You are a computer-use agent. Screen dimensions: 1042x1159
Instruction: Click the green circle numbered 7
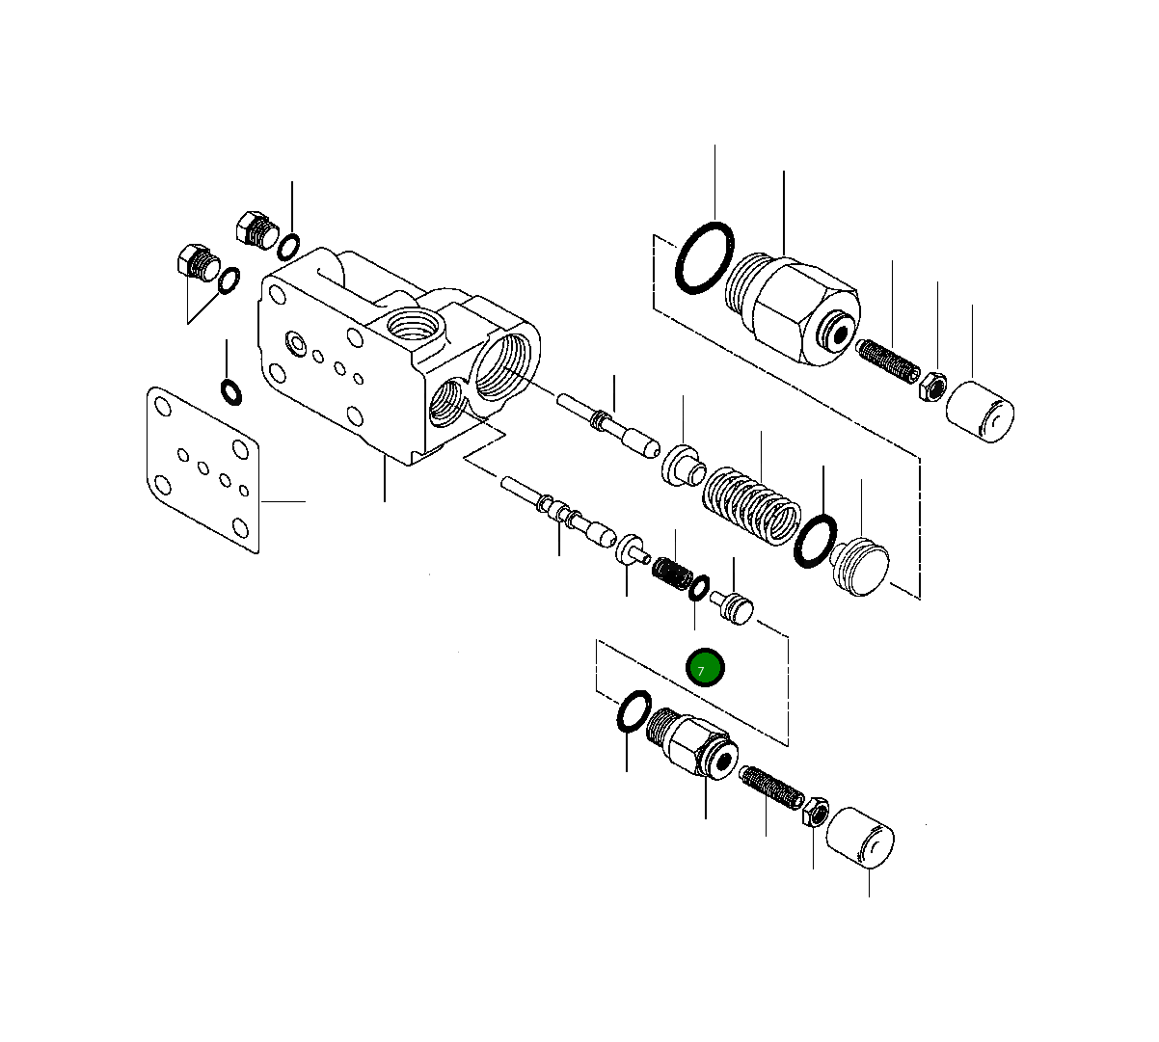pos(704,668)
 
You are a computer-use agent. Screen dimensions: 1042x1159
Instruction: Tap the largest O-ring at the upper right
pos(704,257)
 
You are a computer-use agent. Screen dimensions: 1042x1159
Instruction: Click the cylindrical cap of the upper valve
pos(980,412)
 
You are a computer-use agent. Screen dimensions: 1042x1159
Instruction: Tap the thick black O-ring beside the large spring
pos(815,542)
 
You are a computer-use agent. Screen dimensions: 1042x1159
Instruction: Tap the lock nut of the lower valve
pos(815,813)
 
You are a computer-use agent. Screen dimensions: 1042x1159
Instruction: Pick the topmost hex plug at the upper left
pos(254,229)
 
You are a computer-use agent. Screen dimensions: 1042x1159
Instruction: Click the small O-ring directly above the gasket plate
pos(231,392)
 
